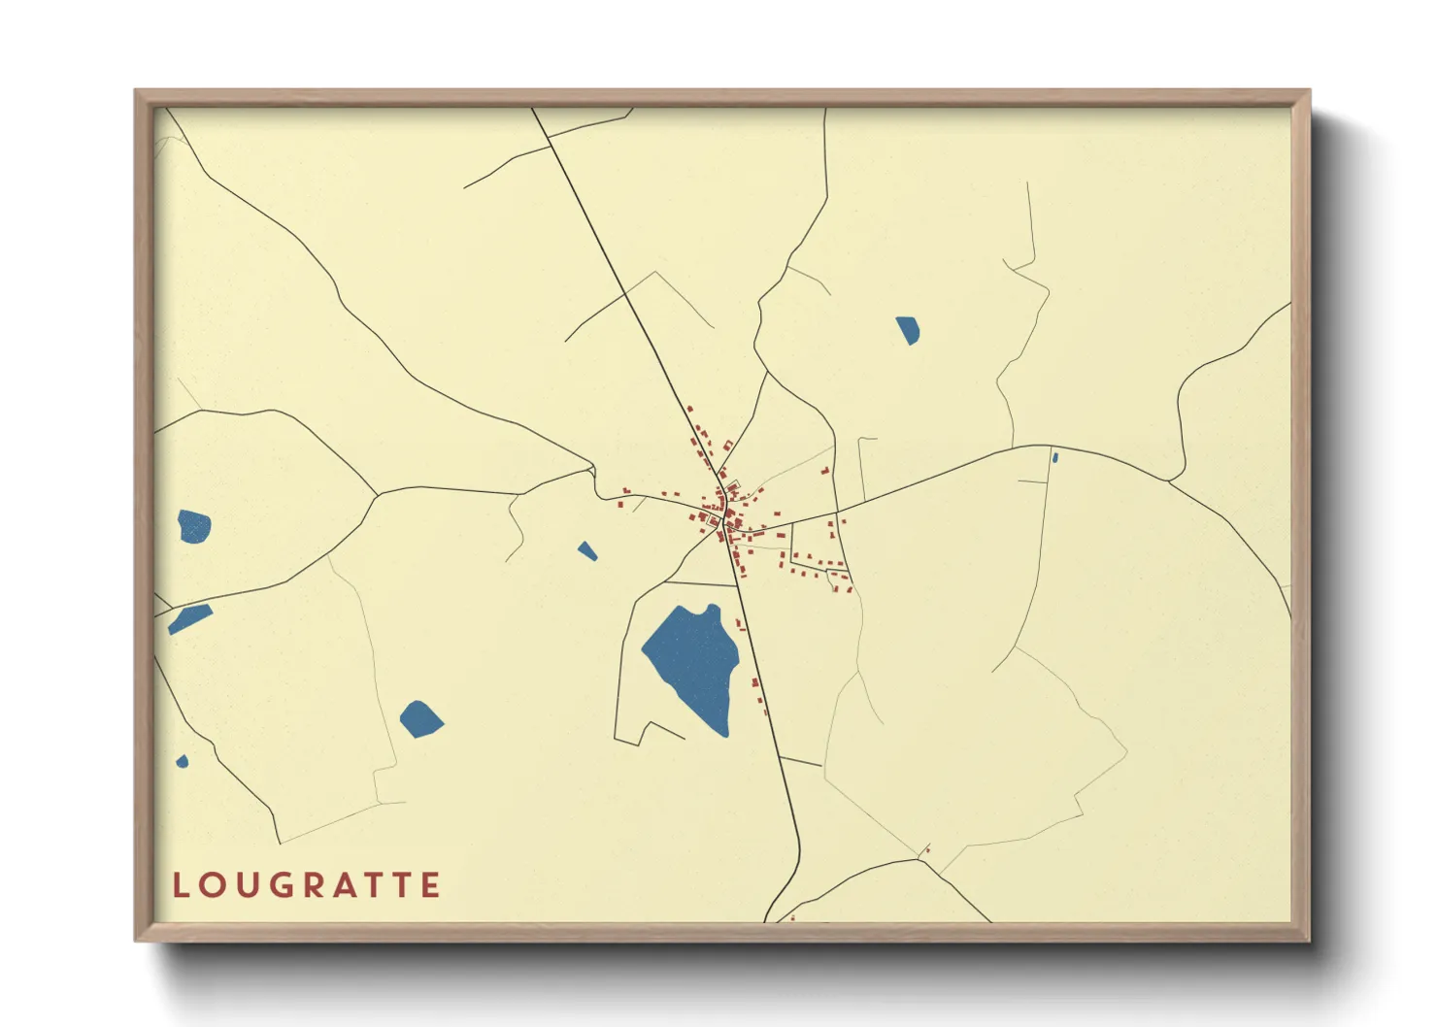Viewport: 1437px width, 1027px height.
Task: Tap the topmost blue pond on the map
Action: (907, 330)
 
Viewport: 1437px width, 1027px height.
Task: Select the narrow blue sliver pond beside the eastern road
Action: (1054, 457)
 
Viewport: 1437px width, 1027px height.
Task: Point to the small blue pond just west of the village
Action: (587, 551)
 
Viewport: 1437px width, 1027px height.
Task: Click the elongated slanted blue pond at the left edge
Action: (189, 618)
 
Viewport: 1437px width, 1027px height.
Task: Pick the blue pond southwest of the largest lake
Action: (420, 719)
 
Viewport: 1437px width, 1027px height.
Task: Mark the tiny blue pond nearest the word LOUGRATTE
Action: (183, 761)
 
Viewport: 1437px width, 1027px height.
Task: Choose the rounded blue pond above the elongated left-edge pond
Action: (194, 526)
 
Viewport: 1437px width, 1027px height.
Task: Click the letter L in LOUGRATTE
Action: (180, 885)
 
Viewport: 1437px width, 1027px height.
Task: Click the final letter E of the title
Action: (432, 885)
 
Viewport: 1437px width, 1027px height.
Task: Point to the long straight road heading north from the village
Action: (621, 282)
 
